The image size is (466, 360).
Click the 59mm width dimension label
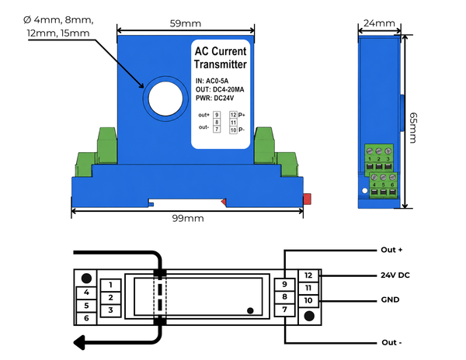click(186, 23)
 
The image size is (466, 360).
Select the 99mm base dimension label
click(188, 219)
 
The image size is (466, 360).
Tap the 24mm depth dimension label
click(379, 23)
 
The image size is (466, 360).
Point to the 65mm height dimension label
click(413, 127)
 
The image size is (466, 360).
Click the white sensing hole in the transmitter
click(165, 99)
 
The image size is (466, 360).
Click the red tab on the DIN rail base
click(307, 199)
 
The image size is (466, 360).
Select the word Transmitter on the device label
click(221, 64)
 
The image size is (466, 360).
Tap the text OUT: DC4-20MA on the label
click(220, 90)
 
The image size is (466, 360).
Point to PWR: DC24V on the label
click(214, 99)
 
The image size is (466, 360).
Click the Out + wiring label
click(391, 250)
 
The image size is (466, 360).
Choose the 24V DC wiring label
click(395, 275)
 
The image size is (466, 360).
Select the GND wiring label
click(390, 299)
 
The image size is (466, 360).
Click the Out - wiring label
click(391, 342)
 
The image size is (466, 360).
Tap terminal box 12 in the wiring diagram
click(308, 275)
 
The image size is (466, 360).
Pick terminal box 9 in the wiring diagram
click(284, 285)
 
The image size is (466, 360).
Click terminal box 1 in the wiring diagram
click(110, 286)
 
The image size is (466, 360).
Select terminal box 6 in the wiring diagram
click(86, 318)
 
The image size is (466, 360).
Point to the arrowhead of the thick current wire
click(79, 343)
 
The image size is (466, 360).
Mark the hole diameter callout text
click(58, 26)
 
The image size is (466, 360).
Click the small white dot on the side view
click(365, 191)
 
